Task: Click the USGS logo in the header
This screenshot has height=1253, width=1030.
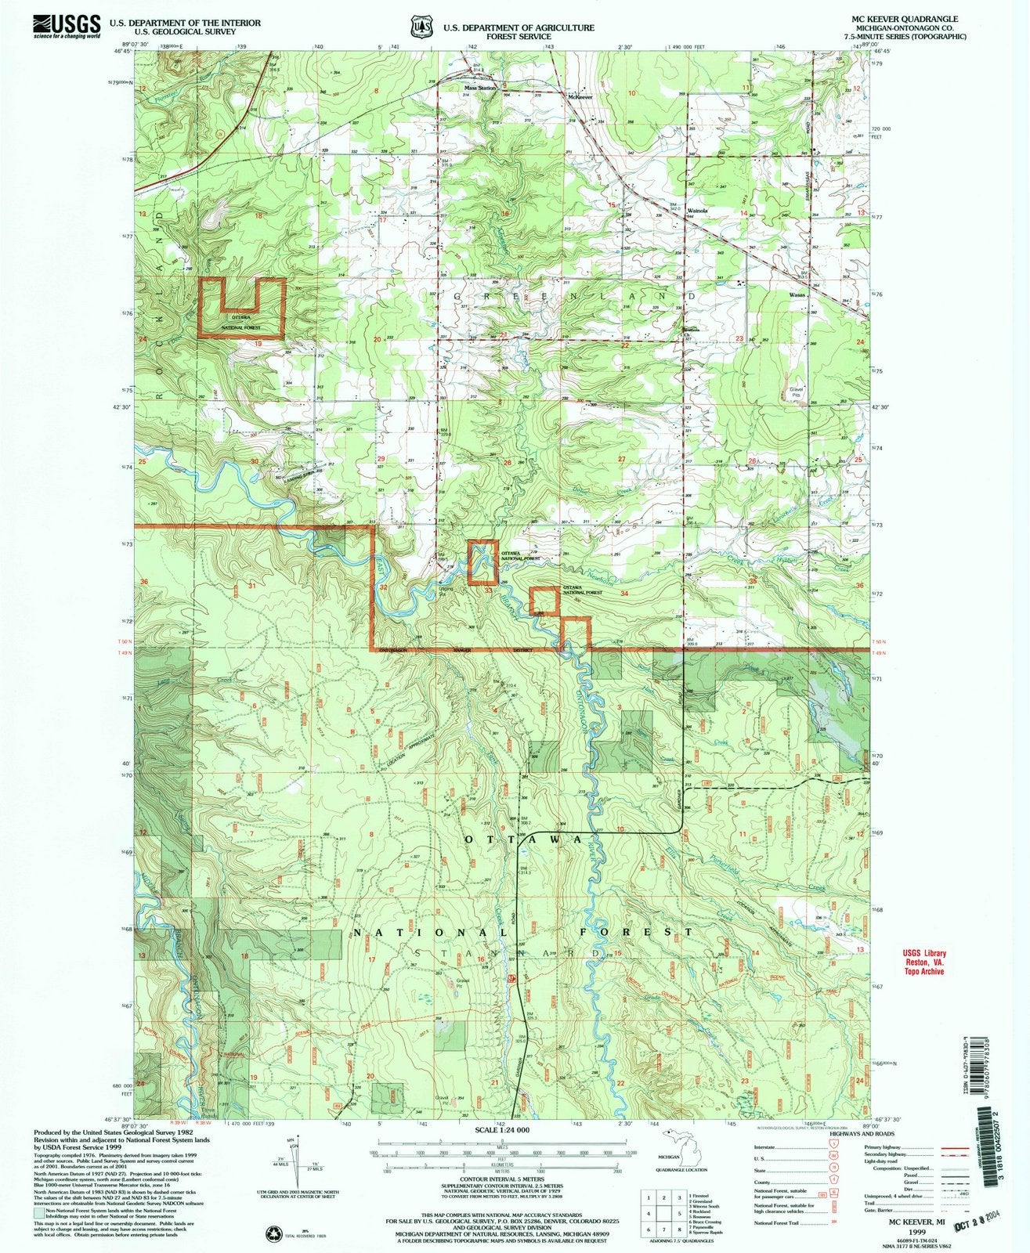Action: (x=67, y=25)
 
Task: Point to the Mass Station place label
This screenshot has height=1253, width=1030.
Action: (x=481, y=88)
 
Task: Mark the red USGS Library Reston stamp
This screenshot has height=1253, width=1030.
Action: (x=921, y=961)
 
